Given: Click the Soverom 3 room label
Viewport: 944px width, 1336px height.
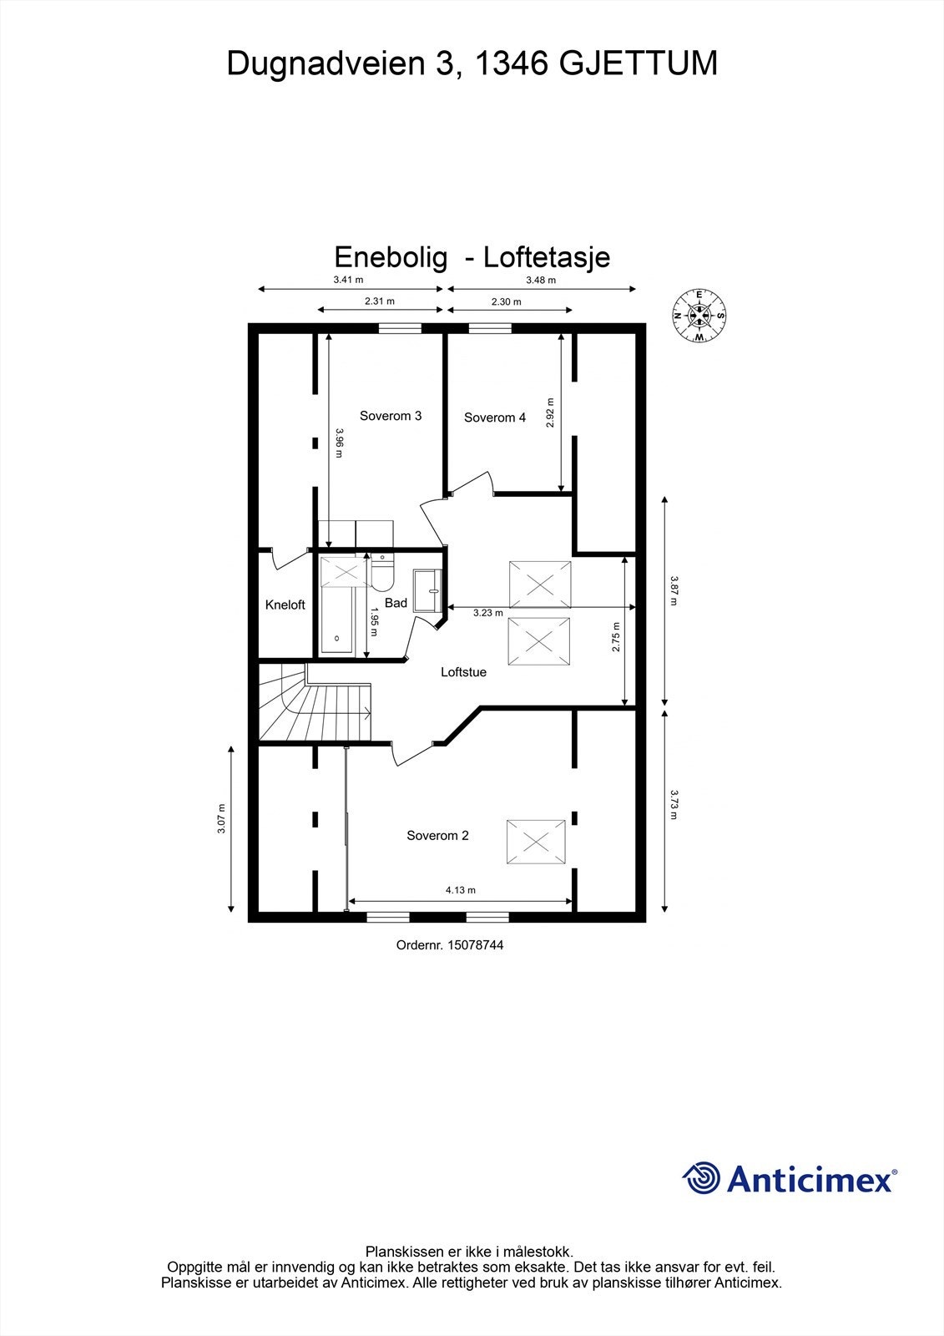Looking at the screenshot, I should pyautogui.click(x=390, y=416).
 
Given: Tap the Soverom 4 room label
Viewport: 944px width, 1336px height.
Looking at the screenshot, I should pyautogui.click(x=495, y=417).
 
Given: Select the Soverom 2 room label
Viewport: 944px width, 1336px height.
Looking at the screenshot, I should pyautogui.click(x=437, y=835).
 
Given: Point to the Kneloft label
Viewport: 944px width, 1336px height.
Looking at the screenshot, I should pyautogui.click(x=285, y=605).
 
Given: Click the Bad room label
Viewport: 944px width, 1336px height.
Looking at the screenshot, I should pyautogui.click(x=396, y=603).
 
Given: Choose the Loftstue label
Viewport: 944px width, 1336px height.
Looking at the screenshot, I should pyautogui.click(x=463, y=671).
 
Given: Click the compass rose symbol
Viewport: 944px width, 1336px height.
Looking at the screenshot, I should pyautogui.click(x=699, y=316).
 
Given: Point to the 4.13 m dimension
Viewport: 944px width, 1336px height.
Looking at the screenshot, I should pyautogui.click(x=460, y=890).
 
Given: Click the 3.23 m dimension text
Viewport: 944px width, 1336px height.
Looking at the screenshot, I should pyautogui.click(x=487, y=613).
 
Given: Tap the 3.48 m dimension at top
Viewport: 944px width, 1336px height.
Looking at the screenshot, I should pyautogui.click(x=540, y=281).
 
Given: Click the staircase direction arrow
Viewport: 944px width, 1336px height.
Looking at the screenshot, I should pyautogui.click(x=366, y=711).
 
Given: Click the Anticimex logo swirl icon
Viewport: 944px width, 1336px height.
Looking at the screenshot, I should pyautogui.click(x=702, y=1178).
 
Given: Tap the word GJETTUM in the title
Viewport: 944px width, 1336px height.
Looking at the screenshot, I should pyautogui.click(x=638, y=63).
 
